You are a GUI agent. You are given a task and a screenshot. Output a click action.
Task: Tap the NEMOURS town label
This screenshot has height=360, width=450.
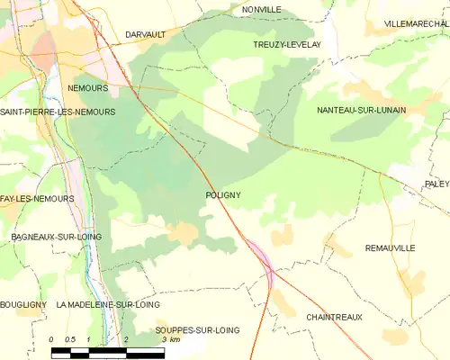coord(88,88)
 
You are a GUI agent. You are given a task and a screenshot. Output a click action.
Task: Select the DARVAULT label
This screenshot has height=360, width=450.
coord(146,34)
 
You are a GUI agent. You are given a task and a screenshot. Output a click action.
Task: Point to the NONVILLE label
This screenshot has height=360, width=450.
coord(262,9)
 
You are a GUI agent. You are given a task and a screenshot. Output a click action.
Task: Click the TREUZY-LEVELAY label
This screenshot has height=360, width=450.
coord(282,43)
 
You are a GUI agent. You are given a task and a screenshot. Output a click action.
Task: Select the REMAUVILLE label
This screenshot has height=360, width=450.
coord(391,247)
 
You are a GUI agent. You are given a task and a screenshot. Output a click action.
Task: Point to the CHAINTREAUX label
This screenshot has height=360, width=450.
coord(335,318)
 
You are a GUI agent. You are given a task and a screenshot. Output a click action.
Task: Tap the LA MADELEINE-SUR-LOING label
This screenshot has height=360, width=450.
coord(108,305)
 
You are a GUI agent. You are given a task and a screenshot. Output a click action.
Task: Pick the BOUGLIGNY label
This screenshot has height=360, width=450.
coord(23,305)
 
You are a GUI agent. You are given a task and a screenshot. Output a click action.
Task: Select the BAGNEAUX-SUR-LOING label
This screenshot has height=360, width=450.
coord(56,236)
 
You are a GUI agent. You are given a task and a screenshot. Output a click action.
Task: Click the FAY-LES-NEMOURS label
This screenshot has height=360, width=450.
coord(37,197)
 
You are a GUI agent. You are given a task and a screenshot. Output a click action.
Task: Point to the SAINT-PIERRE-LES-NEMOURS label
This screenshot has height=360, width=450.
coord(58,112)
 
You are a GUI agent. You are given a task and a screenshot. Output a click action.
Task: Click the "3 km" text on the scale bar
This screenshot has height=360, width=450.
coord(170,340)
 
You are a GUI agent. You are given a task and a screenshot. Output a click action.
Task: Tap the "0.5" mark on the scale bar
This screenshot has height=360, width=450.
coord(70,339)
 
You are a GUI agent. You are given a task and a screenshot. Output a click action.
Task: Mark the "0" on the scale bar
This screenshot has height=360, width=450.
coord(52,339)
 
